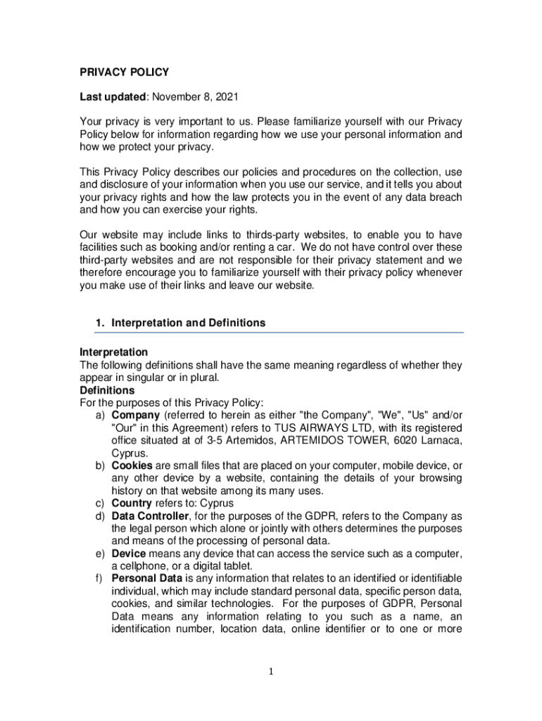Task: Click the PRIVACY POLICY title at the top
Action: (124, 72)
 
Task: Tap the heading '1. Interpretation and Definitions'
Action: (180, 323)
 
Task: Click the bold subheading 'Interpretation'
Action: (113, 351)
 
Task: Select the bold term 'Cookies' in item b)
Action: (132, 466)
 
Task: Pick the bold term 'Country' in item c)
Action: (132, 503)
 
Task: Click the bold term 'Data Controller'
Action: (149, 516)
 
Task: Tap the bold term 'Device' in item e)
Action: (129, 554)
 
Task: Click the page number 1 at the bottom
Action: (271, 672)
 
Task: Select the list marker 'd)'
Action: (101, 516)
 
